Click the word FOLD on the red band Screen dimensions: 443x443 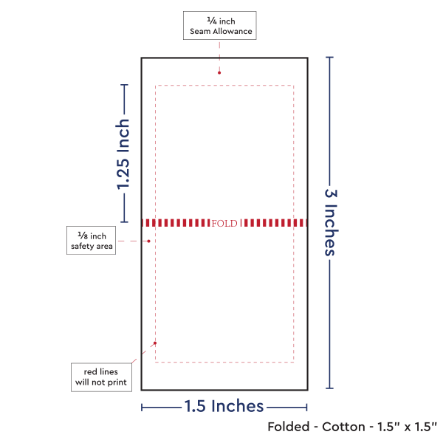click(x=224, y=223)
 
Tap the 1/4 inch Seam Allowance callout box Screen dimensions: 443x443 click(x=220, y=25)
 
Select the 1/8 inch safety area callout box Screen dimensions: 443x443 click(x=92, y=241)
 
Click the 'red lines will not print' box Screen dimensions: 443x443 click(x=101, y=377)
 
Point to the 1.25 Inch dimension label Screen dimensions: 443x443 click(x=123, y=154)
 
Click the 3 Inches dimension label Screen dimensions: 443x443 click(x=331, y=222)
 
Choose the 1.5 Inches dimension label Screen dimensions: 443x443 click(x=224, y=406)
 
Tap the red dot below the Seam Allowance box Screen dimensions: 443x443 click(x=219, y=73)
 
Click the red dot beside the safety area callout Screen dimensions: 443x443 click(x=149, y=241)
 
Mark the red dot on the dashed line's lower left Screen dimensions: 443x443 click(x=155, y=343)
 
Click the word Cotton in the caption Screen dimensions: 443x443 click(x=343, y=427)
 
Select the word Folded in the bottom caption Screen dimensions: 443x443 click(x=289, y=427)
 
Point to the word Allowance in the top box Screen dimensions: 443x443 click(x=233, y=31)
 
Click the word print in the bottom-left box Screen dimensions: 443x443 click(x=117, y=382)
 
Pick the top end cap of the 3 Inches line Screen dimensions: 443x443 click(x=330, y=58)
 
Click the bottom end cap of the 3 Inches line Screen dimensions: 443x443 click(x=330, y=388)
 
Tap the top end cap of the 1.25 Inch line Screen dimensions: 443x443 click(x=124, y=84)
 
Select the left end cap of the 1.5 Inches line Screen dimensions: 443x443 click(x=142, y=408)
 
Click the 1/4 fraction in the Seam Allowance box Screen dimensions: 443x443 click(x=212, y=21)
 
